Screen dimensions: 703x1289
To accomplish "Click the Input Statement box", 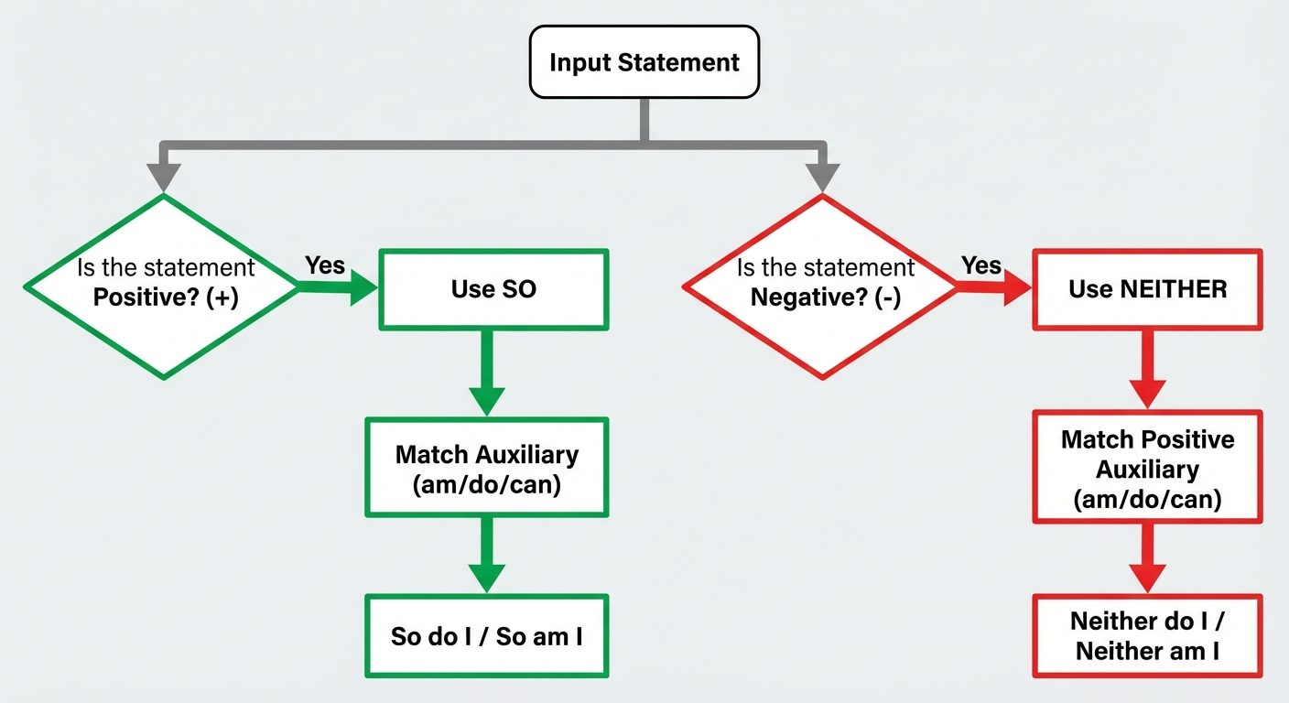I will [x=644, y=62].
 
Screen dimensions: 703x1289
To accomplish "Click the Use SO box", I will [x=493, y=289].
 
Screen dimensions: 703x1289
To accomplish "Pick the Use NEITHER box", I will [x=1147, y=289].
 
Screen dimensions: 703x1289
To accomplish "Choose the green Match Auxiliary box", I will [x=486, y=468].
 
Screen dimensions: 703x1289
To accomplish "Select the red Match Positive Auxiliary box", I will [x=1147, y=468].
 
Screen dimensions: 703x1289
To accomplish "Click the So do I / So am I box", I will [x=486, y=636].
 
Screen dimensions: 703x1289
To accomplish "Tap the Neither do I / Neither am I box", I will [x=1147, y=636].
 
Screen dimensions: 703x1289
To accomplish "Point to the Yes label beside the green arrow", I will [x=325, y=265].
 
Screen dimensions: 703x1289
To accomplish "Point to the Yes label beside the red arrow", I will [x=981, y=265].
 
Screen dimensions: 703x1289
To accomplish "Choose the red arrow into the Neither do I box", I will [x=1147, y=558].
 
